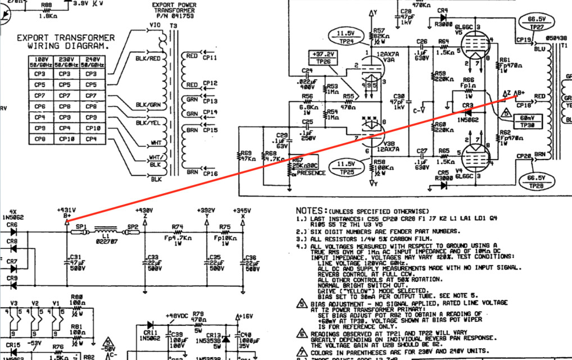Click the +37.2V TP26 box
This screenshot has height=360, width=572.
(x=321, y=58)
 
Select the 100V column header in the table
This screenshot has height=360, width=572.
(x=40, y=61)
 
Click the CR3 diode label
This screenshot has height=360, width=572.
(x=466, y=105)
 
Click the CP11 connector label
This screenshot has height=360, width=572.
(x=210, y=57)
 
